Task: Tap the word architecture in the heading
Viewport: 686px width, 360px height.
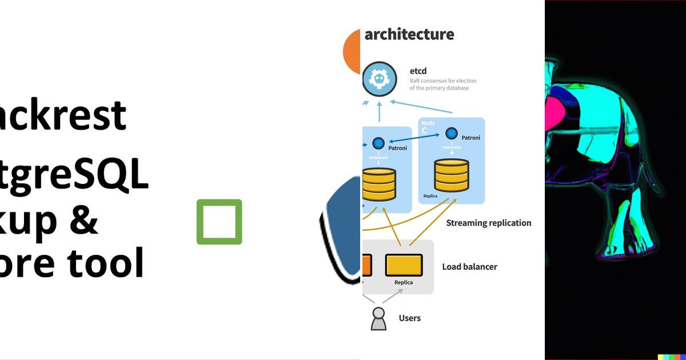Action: [x=409, y=34]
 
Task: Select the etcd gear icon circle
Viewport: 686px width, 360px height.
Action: [x=379, y=79]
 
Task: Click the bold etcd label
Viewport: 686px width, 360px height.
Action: [x=418, y=71]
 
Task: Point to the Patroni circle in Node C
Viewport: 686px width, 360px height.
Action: [x=452, y=134]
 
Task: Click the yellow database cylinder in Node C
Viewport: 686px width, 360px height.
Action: [x=451, y=175]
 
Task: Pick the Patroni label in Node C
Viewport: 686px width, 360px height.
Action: [x=470, y=138]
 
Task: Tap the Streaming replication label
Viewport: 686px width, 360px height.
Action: [x=488, y=223]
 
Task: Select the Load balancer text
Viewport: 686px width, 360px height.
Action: [x=469, y=267]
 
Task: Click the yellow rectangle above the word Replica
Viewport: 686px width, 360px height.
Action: [x=404, y=265]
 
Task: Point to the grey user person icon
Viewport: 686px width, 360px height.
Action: [x=378, y=319]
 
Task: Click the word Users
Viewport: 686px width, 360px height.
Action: [x=409, y=318]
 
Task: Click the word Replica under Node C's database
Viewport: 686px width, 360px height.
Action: [x=430, y=196]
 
